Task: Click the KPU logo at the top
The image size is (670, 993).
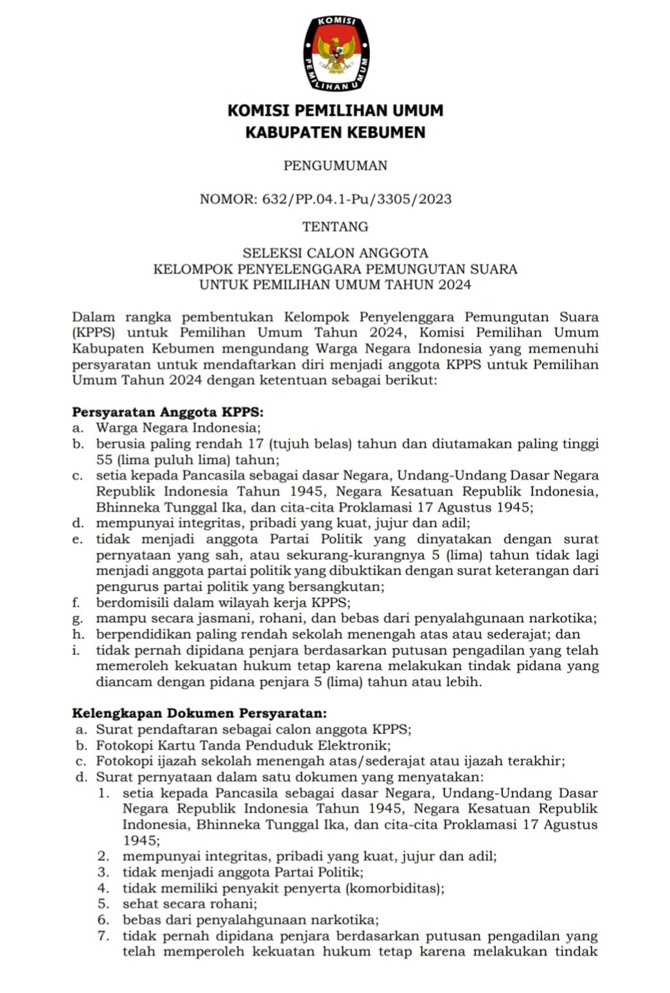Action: tap(336, 53)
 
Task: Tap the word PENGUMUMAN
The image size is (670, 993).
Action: tap(335, 166)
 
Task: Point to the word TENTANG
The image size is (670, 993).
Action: tap(335, 227)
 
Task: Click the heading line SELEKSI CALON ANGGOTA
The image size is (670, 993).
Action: tap(335, 253)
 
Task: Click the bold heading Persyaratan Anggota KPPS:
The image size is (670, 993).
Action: tap(168, 412)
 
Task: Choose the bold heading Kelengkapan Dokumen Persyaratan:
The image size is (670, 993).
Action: tap(199, 713)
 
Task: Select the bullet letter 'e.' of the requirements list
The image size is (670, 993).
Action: tap(77, 540)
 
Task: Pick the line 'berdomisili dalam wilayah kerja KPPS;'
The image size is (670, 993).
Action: tap(223, 603)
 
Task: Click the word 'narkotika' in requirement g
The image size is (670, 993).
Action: tap(561, 619)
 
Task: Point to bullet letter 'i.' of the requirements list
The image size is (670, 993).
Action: tap(76, 650)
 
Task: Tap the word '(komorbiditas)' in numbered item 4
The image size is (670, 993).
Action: tap(394, 889)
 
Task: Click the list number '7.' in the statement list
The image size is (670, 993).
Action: tap(104, 936)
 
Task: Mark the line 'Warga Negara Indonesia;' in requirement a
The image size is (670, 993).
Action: tap(178, 428)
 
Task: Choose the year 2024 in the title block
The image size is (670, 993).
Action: tap(454, 285)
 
